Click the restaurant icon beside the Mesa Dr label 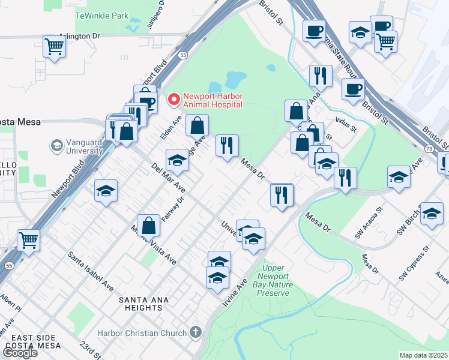point(227,145)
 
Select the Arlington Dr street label point(78,36)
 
